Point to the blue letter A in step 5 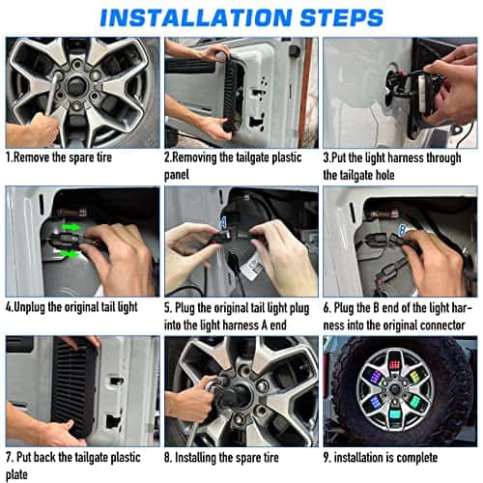(x=222, y=222)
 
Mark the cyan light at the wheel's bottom (x=396, y=413)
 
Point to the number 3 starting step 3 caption (x=326, y=156)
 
